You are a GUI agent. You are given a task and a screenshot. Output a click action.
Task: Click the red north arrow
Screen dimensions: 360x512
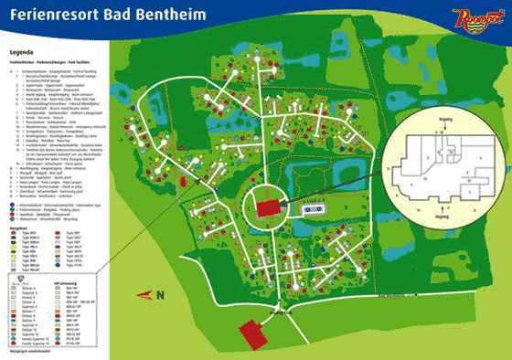(145, 293)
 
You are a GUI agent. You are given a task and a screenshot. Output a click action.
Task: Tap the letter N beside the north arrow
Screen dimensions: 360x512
(161, 294)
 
